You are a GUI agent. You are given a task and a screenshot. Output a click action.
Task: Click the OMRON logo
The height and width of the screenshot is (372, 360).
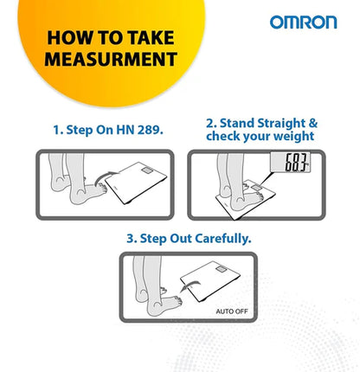coord(303,22)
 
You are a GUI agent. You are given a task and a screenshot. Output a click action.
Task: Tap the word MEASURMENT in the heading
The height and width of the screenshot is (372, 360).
coord(111,59)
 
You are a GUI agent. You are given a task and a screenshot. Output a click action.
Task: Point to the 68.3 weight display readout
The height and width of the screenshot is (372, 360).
coord(296,163)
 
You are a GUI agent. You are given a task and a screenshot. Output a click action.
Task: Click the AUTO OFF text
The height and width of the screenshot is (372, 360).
coord(232,311)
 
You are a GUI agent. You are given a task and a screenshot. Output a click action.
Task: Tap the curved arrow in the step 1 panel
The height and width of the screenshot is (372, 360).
coord(106,177)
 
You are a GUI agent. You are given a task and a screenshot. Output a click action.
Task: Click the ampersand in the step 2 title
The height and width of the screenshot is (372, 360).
coord(313,123)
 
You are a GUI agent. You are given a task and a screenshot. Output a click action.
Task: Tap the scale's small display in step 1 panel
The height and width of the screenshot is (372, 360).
coord(147,170)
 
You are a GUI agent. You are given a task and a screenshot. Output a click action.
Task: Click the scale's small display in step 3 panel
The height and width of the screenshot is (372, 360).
coord(221,270)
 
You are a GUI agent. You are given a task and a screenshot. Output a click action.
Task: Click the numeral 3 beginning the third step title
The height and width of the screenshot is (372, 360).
coord(131,239)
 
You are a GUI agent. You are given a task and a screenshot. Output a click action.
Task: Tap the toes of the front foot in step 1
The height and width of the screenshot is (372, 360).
coord(103,188)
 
